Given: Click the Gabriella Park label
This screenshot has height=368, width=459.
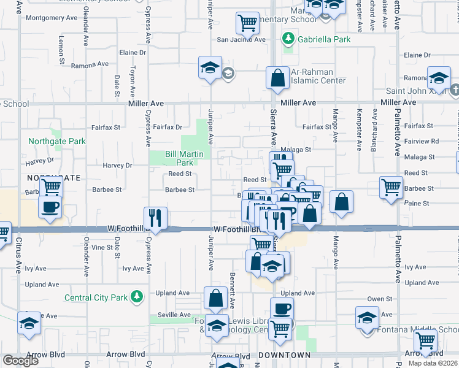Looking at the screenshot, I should (x=324, y=39).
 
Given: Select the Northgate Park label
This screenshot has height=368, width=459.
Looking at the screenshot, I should (x=57, y=141).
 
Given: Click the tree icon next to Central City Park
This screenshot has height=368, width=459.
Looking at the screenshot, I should (x=137, y=297).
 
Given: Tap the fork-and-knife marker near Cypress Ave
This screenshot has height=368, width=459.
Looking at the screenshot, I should (x=155, y=218).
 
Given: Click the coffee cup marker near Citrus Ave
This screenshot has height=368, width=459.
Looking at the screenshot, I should (x=50, y=207).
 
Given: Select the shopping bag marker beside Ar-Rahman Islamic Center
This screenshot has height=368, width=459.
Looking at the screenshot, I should (x=277, y=78).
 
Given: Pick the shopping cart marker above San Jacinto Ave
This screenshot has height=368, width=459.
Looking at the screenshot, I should (x=247, y=23).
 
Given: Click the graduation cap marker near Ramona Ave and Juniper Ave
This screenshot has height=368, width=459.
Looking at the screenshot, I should (x=210, y=67).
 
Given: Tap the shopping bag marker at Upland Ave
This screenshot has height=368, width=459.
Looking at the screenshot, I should (x=216, y=299).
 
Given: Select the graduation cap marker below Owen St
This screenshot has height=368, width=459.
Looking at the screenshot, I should (x=368, y=318).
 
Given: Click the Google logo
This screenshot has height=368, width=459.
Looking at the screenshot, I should (x=20, y=361).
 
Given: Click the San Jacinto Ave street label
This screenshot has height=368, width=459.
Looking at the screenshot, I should (x=242, y=40).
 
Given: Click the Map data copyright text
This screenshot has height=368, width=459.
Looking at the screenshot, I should (x=433, y=363).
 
